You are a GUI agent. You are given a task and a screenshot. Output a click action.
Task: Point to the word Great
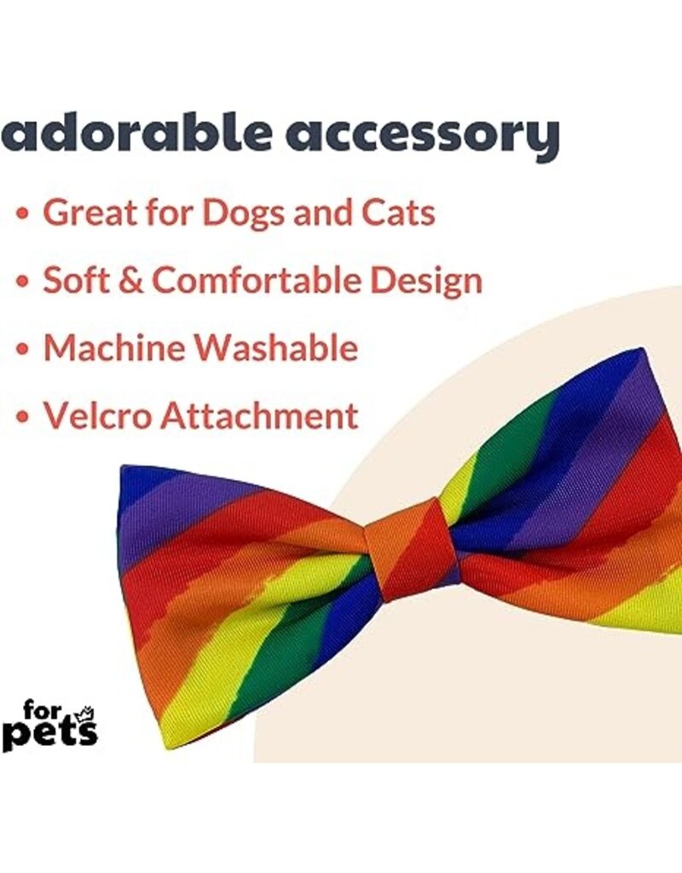tap(93, 212)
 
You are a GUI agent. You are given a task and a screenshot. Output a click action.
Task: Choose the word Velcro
tap(95, 416)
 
